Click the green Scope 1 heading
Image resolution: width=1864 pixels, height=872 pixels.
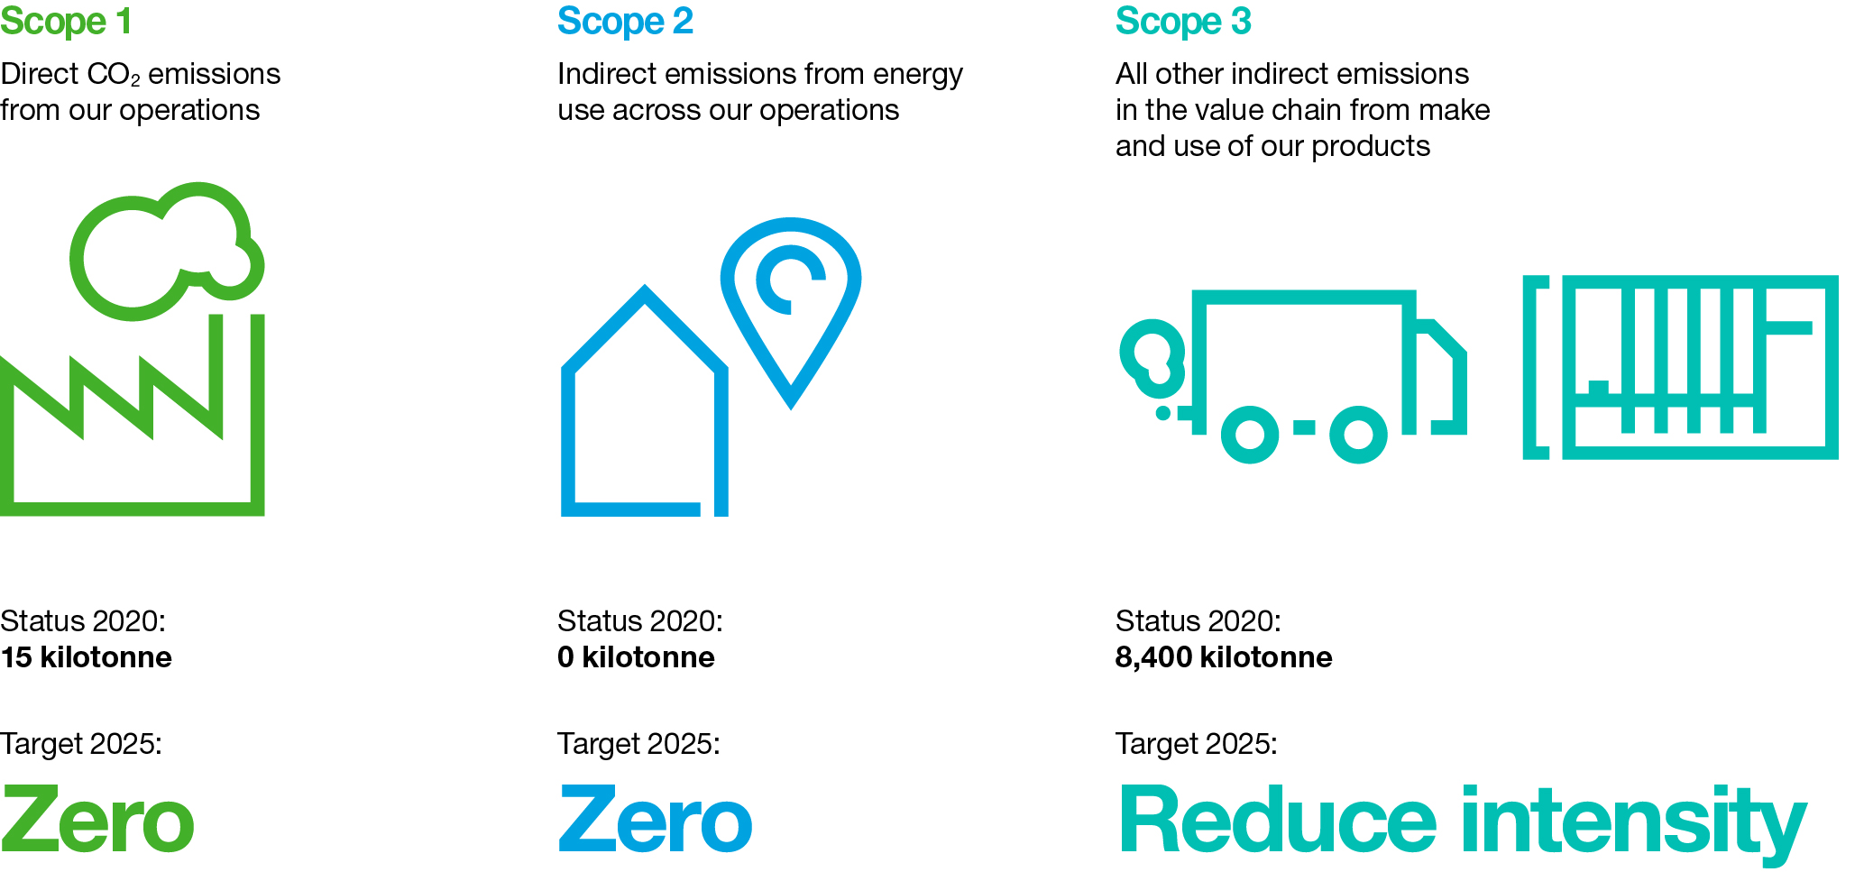coord(66,22)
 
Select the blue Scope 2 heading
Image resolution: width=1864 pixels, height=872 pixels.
coord(625,22)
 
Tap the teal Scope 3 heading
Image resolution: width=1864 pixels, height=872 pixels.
coord(1183,22)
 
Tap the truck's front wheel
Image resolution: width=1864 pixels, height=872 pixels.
coord(1358,435)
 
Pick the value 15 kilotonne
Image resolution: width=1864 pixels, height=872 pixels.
coord(86,657)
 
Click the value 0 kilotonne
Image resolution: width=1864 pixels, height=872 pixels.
coord(636,657)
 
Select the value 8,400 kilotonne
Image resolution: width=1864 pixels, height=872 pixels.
coord(1224,657)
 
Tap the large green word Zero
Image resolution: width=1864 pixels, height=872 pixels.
coord(97,820)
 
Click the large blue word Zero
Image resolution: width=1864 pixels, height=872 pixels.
coord(656,820)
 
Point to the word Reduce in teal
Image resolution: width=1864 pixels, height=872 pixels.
coord(1278,818)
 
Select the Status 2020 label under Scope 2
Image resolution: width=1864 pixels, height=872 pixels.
coord(640,621)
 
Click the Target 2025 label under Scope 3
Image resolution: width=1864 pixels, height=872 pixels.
coord(1197,744)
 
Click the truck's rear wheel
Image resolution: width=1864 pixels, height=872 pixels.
coord(1250,435)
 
